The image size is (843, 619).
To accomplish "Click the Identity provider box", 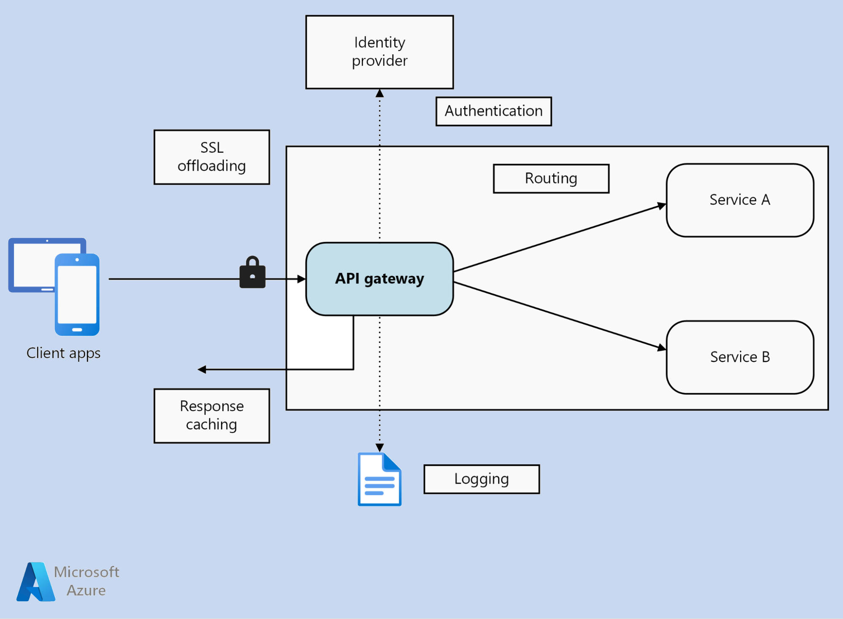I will point(379,52).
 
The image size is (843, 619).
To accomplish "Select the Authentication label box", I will point(493,111).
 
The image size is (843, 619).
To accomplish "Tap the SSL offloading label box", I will point(211,157).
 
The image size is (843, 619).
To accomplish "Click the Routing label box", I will point(551,178).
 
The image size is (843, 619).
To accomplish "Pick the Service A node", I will point(740,200).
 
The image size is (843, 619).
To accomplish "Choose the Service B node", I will point(740,357).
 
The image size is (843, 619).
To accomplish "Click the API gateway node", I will point(379,279).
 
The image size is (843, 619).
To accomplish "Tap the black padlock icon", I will point(252,273).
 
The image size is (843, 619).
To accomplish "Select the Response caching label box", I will point(211,415).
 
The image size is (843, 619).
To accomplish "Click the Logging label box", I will point(481,479).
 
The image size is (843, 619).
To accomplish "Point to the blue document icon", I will point(379,479).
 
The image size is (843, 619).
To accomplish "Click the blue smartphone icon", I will point(77,294).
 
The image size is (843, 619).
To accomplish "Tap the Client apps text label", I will point(63,353).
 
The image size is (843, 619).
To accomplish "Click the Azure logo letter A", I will point(35,582).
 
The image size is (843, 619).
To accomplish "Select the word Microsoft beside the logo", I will point(86,572).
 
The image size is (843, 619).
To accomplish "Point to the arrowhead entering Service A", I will point(662,206).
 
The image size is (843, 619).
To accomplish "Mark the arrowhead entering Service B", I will point(662,348).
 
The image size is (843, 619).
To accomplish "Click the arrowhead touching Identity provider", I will point(380,93).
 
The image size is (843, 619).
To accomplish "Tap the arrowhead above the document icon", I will point(380,447).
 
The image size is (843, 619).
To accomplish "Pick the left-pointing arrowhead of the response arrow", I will point(202,369).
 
